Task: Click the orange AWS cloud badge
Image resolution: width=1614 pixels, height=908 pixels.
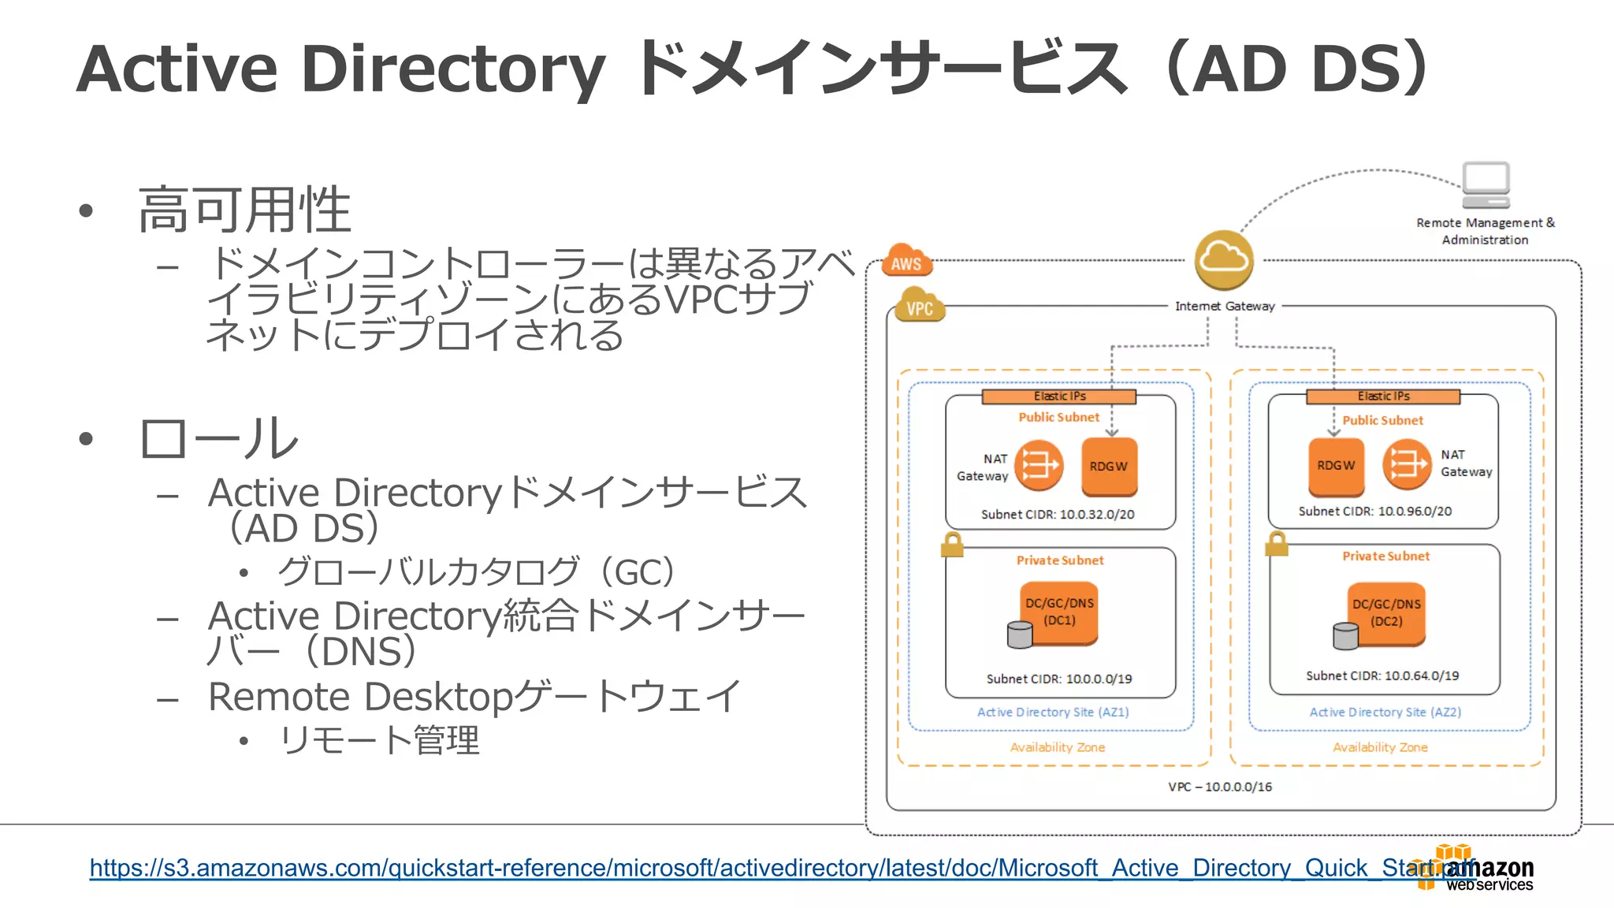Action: pos(906,261)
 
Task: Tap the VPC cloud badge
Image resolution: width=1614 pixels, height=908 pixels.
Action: pos(920,307)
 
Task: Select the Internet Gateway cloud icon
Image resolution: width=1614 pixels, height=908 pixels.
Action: pos(1223,259)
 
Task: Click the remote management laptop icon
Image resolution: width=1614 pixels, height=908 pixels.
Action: pos(1486,185)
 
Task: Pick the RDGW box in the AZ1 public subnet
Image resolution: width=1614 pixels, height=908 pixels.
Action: pos(1109,467)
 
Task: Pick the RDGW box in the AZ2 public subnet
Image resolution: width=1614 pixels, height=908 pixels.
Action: pos(1336,466)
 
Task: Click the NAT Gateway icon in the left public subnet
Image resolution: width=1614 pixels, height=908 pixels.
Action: pos(1039,465)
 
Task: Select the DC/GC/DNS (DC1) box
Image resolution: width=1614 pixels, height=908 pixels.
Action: pos(1058,612)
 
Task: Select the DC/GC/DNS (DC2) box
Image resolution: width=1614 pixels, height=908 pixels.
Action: pos(1386,613)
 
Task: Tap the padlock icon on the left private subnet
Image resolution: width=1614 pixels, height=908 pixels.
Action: pos(952,545)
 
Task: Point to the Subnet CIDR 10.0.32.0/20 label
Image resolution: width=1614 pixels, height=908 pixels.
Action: pos(1058,515)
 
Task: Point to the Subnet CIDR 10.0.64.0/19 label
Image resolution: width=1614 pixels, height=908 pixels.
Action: pos(1382,676)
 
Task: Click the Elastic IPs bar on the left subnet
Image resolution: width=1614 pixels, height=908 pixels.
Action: pos(1058,396)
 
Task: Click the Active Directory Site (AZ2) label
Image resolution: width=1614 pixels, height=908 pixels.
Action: pos(1385,713)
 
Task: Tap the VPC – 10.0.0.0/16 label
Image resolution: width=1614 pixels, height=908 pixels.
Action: pos(1220,787)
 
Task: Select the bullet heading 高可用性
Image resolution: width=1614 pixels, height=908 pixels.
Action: pos(244,210)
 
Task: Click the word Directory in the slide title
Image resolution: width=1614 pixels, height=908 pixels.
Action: pos(452,69)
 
